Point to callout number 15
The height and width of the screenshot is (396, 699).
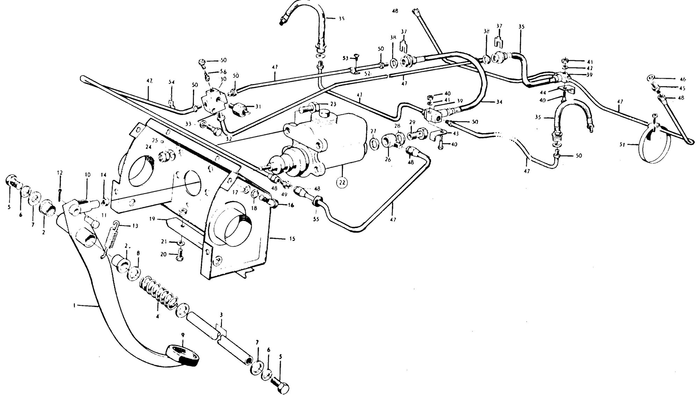[292, 239]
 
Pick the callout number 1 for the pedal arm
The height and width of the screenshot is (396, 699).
[74, 306]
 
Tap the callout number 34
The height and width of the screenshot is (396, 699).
[499, 102]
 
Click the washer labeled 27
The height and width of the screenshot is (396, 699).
[374, 143]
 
